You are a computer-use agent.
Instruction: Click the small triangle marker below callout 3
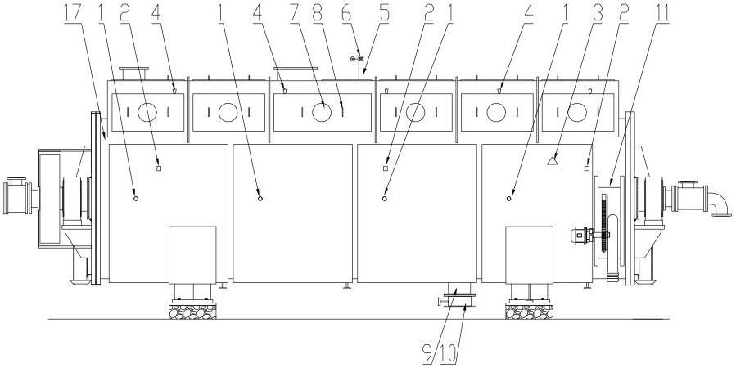pos(553,161)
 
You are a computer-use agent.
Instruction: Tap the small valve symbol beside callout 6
pos(354,59)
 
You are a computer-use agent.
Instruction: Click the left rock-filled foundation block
pos(192,311)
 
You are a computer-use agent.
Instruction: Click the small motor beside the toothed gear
pos(581,235)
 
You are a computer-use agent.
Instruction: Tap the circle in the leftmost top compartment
pos(146,112)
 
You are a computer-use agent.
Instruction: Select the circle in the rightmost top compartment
pos(577,112)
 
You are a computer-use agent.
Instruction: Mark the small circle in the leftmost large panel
pos(136,197)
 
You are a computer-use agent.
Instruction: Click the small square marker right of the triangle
pos(587,168)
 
